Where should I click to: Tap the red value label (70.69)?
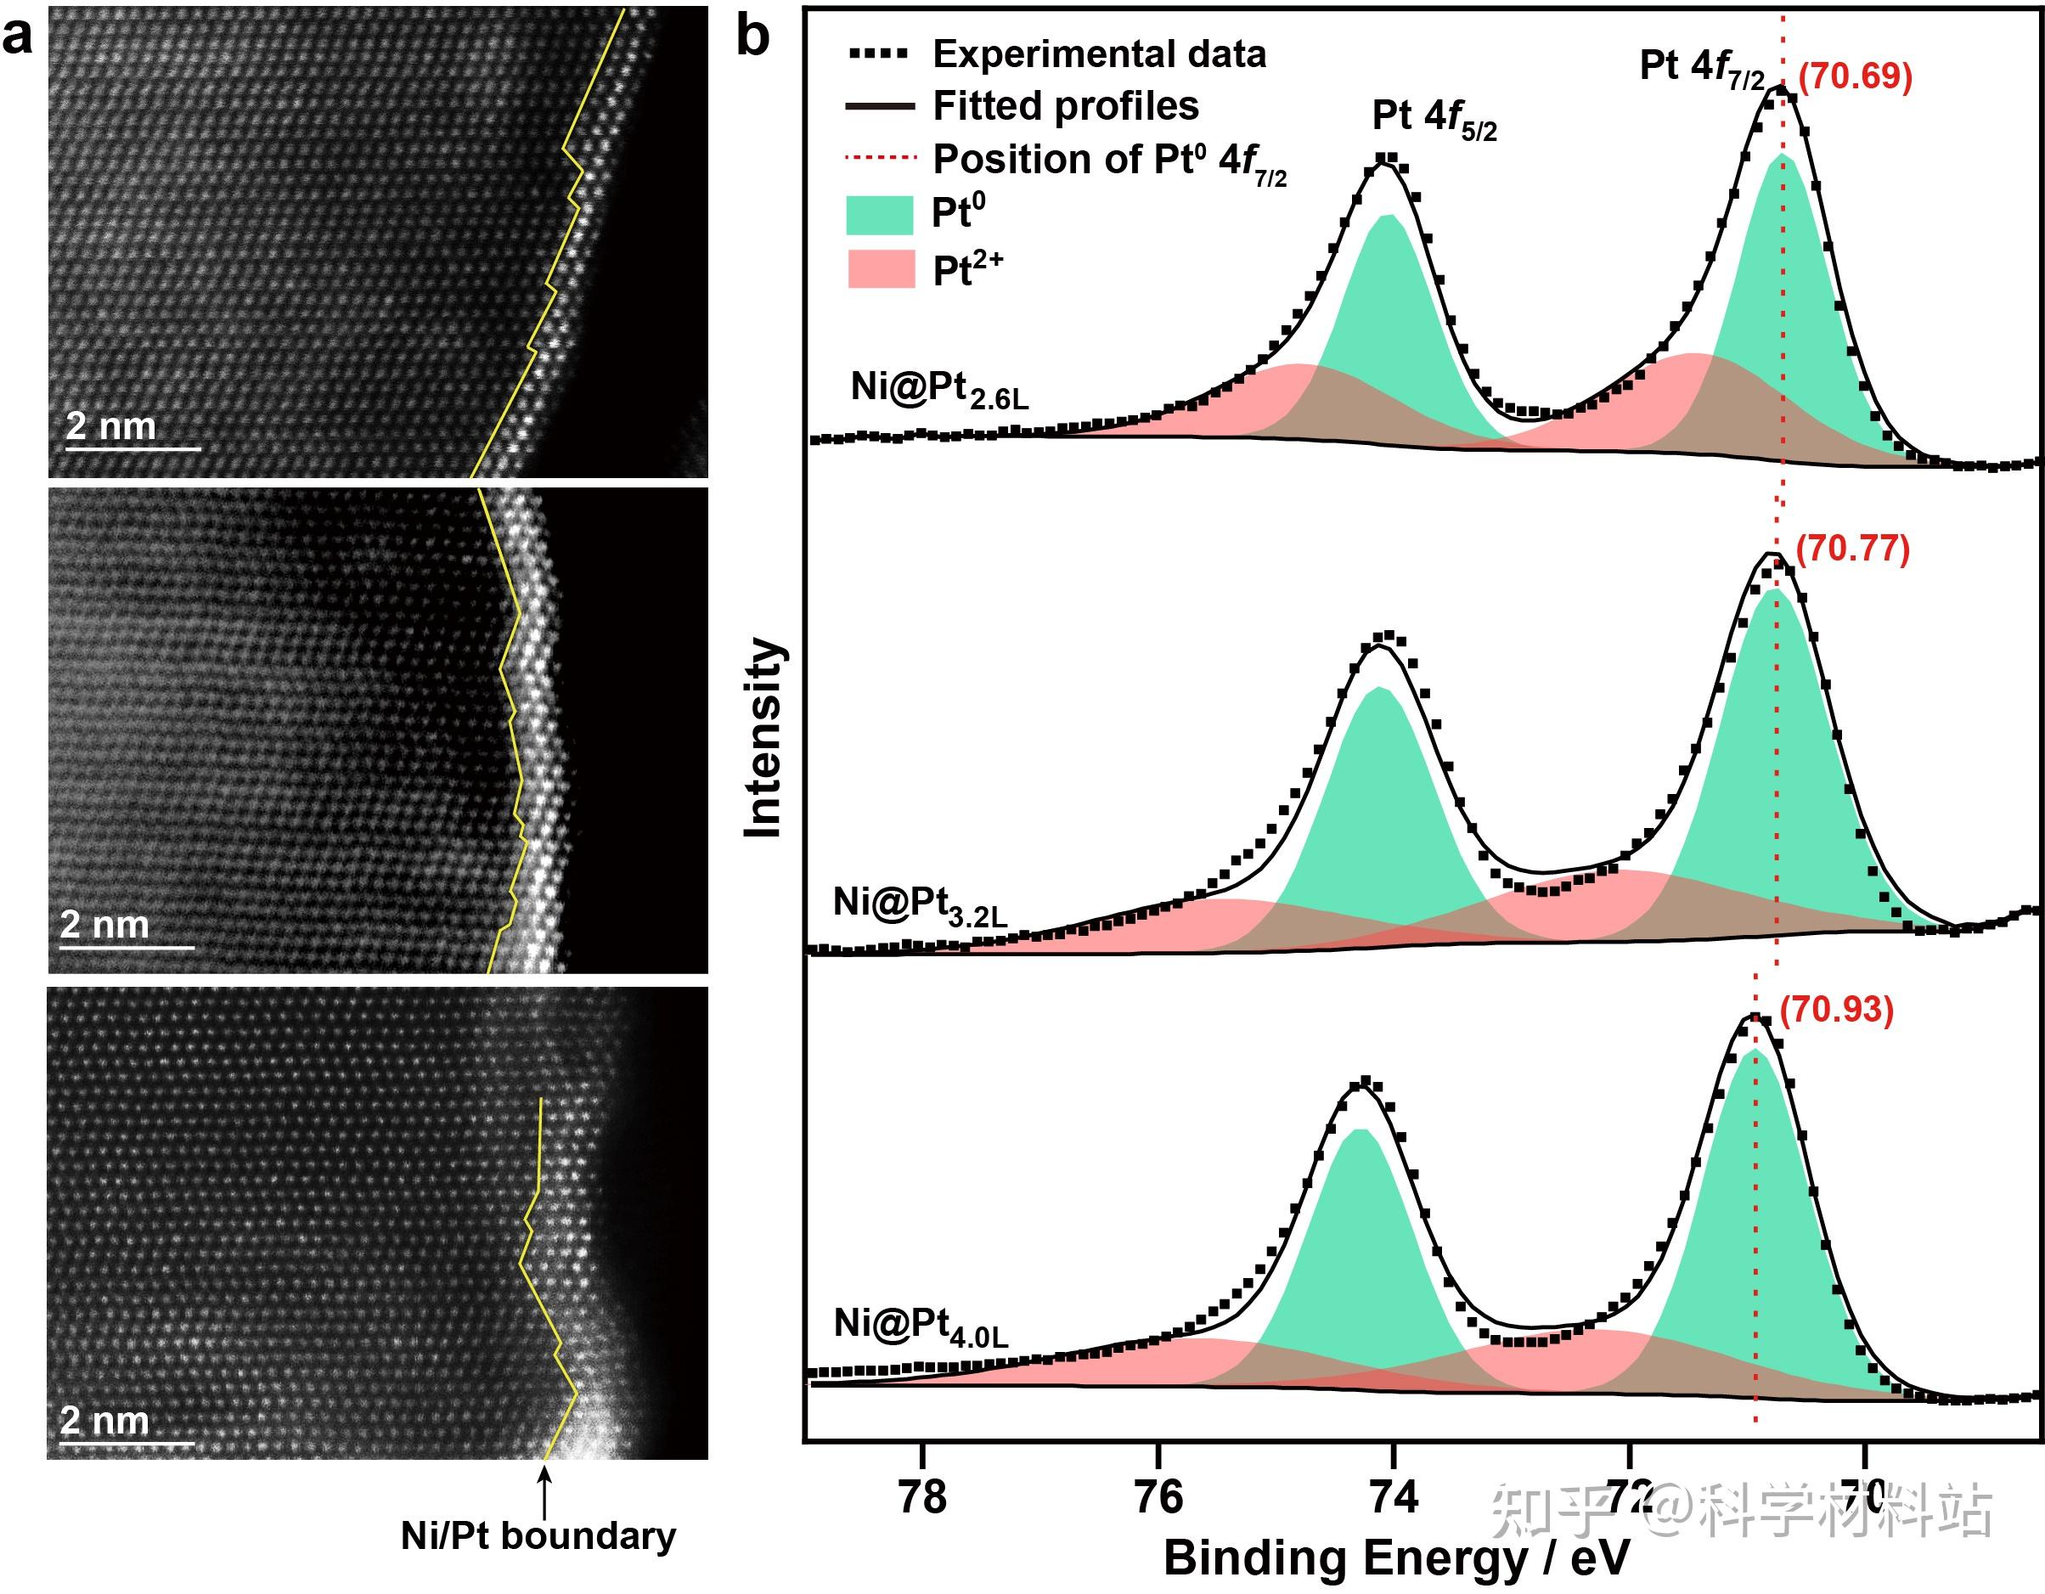click(1855, 76)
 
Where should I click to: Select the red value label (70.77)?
click(1853, 549)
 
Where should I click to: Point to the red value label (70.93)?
click(1836, 1011)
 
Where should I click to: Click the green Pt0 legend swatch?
click(879, 215)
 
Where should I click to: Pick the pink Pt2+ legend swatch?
click(879, 269)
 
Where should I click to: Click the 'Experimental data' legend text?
click(1099, 54)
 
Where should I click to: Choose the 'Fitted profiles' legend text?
click(1066, 106)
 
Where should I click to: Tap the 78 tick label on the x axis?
click(922, 1499)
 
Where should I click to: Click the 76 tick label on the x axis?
click(1158, 1499)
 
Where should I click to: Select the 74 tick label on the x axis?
click(1394, 1499)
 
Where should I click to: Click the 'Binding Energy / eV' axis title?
click(1396, 1559)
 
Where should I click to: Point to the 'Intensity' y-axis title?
click(763, 738)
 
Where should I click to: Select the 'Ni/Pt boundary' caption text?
click(538, 1537)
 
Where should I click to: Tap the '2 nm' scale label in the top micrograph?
click(110, 426)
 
